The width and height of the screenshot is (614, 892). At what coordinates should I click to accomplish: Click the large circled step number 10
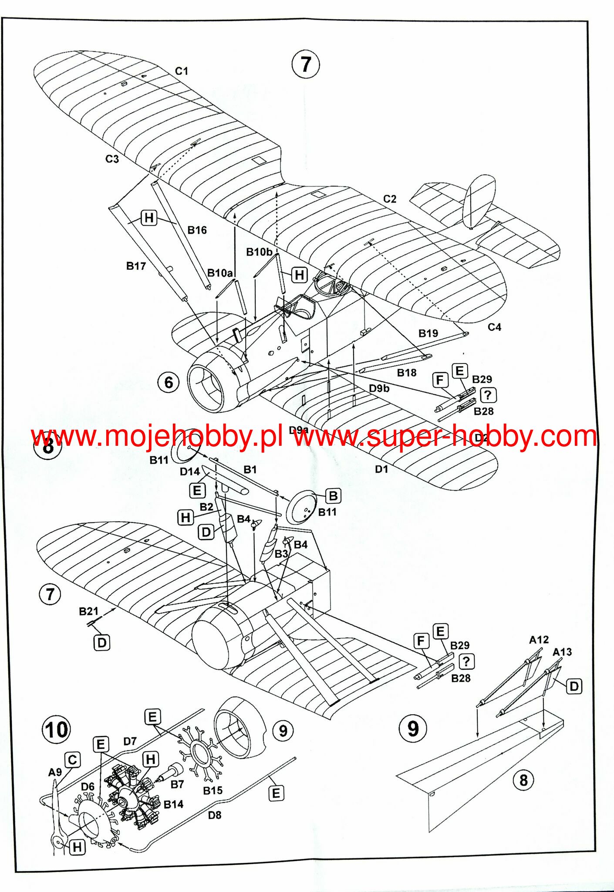[57, 729]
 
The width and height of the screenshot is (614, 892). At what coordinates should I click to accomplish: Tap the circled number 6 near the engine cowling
[169, 383]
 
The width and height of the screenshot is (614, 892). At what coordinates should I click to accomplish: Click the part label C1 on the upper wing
[182, 71]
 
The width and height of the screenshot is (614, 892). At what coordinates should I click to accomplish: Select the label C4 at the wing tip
[494, 327]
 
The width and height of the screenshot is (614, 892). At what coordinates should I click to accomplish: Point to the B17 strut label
[136, 266]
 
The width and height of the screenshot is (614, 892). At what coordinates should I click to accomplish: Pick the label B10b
[259, 252]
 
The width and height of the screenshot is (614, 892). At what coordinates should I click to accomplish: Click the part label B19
[428, 333]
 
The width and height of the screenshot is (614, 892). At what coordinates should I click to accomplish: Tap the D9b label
[379, 388]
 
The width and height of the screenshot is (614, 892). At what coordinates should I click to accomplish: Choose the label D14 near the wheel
[190, 471]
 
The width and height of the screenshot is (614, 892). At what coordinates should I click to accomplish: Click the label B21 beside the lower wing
[88, 611]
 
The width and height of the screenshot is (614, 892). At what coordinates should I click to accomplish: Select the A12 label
[539, 640]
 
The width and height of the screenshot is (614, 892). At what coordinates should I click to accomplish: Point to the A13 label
[562, 652]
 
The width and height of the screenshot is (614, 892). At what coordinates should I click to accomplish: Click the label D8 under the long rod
[215, 815]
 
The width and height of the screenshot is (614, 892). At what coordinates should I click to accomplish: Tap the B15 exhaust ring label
[213, 790]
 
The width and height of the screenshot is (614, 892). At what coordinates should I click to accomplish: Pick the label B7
[177, 784]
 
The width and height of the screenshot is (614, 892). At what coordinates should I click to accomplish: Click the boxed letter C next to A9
[73, 760]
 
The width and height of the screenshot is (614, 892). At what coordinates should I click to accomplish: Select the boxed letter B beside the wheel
[333, 496]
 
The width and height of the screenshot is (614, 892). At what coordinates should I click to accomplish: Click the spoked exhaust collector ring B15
[200, 752]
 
